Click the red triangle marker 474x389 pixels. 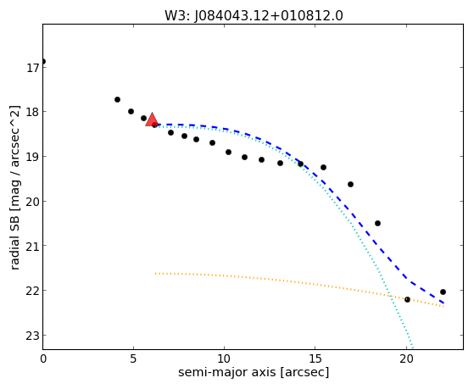[x=152, y=119]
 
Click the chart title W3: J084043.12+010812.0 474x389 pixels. [x=254, y=16]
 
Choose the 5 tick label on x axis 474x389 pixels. [x=133, y=358]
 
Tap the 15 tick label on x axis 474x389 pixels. [x=315, y=358]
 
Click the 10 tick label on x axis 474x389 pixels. [x=225, y=358]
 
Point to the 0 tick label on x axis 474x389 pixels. [x=43, y=358]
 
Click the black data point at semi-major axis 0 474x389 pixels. [x=43, y=61]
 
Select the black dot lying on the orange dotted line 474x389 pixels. [x=407, y=299]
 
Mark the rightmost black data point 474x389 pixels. [x=443, y=292]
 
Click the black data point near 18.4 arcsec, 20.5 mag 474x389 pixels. [x=377, y=224]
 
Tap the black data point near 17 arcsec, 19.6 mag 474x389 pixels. [x=350, y=185]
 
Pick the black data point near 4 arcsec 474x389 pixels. [x=117, y=99]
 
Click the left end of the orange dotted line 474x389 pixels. [x=155, y=274]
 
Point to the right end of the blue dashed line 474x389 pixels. [x=443, y=303]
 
